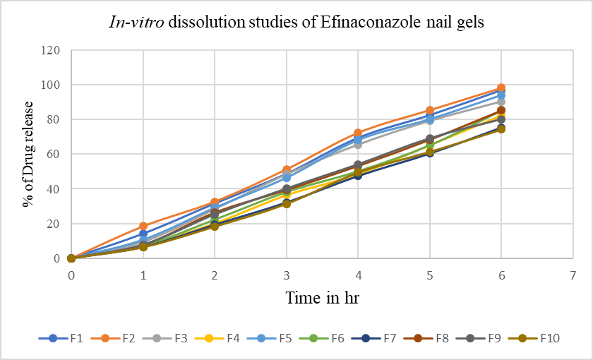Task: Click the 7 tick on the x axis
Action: coord(573,273)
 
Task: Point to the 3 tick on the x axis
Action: coord(287,273)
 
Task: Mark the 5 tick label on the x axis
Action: coord(430,273)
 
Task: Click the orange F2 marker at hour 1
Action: coord(143,226)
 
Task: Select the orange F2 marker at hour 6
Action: coord(501,88)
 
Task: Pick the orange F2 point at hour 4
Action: coord(358,133)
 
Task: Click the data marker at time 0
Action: coord(71,258)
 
